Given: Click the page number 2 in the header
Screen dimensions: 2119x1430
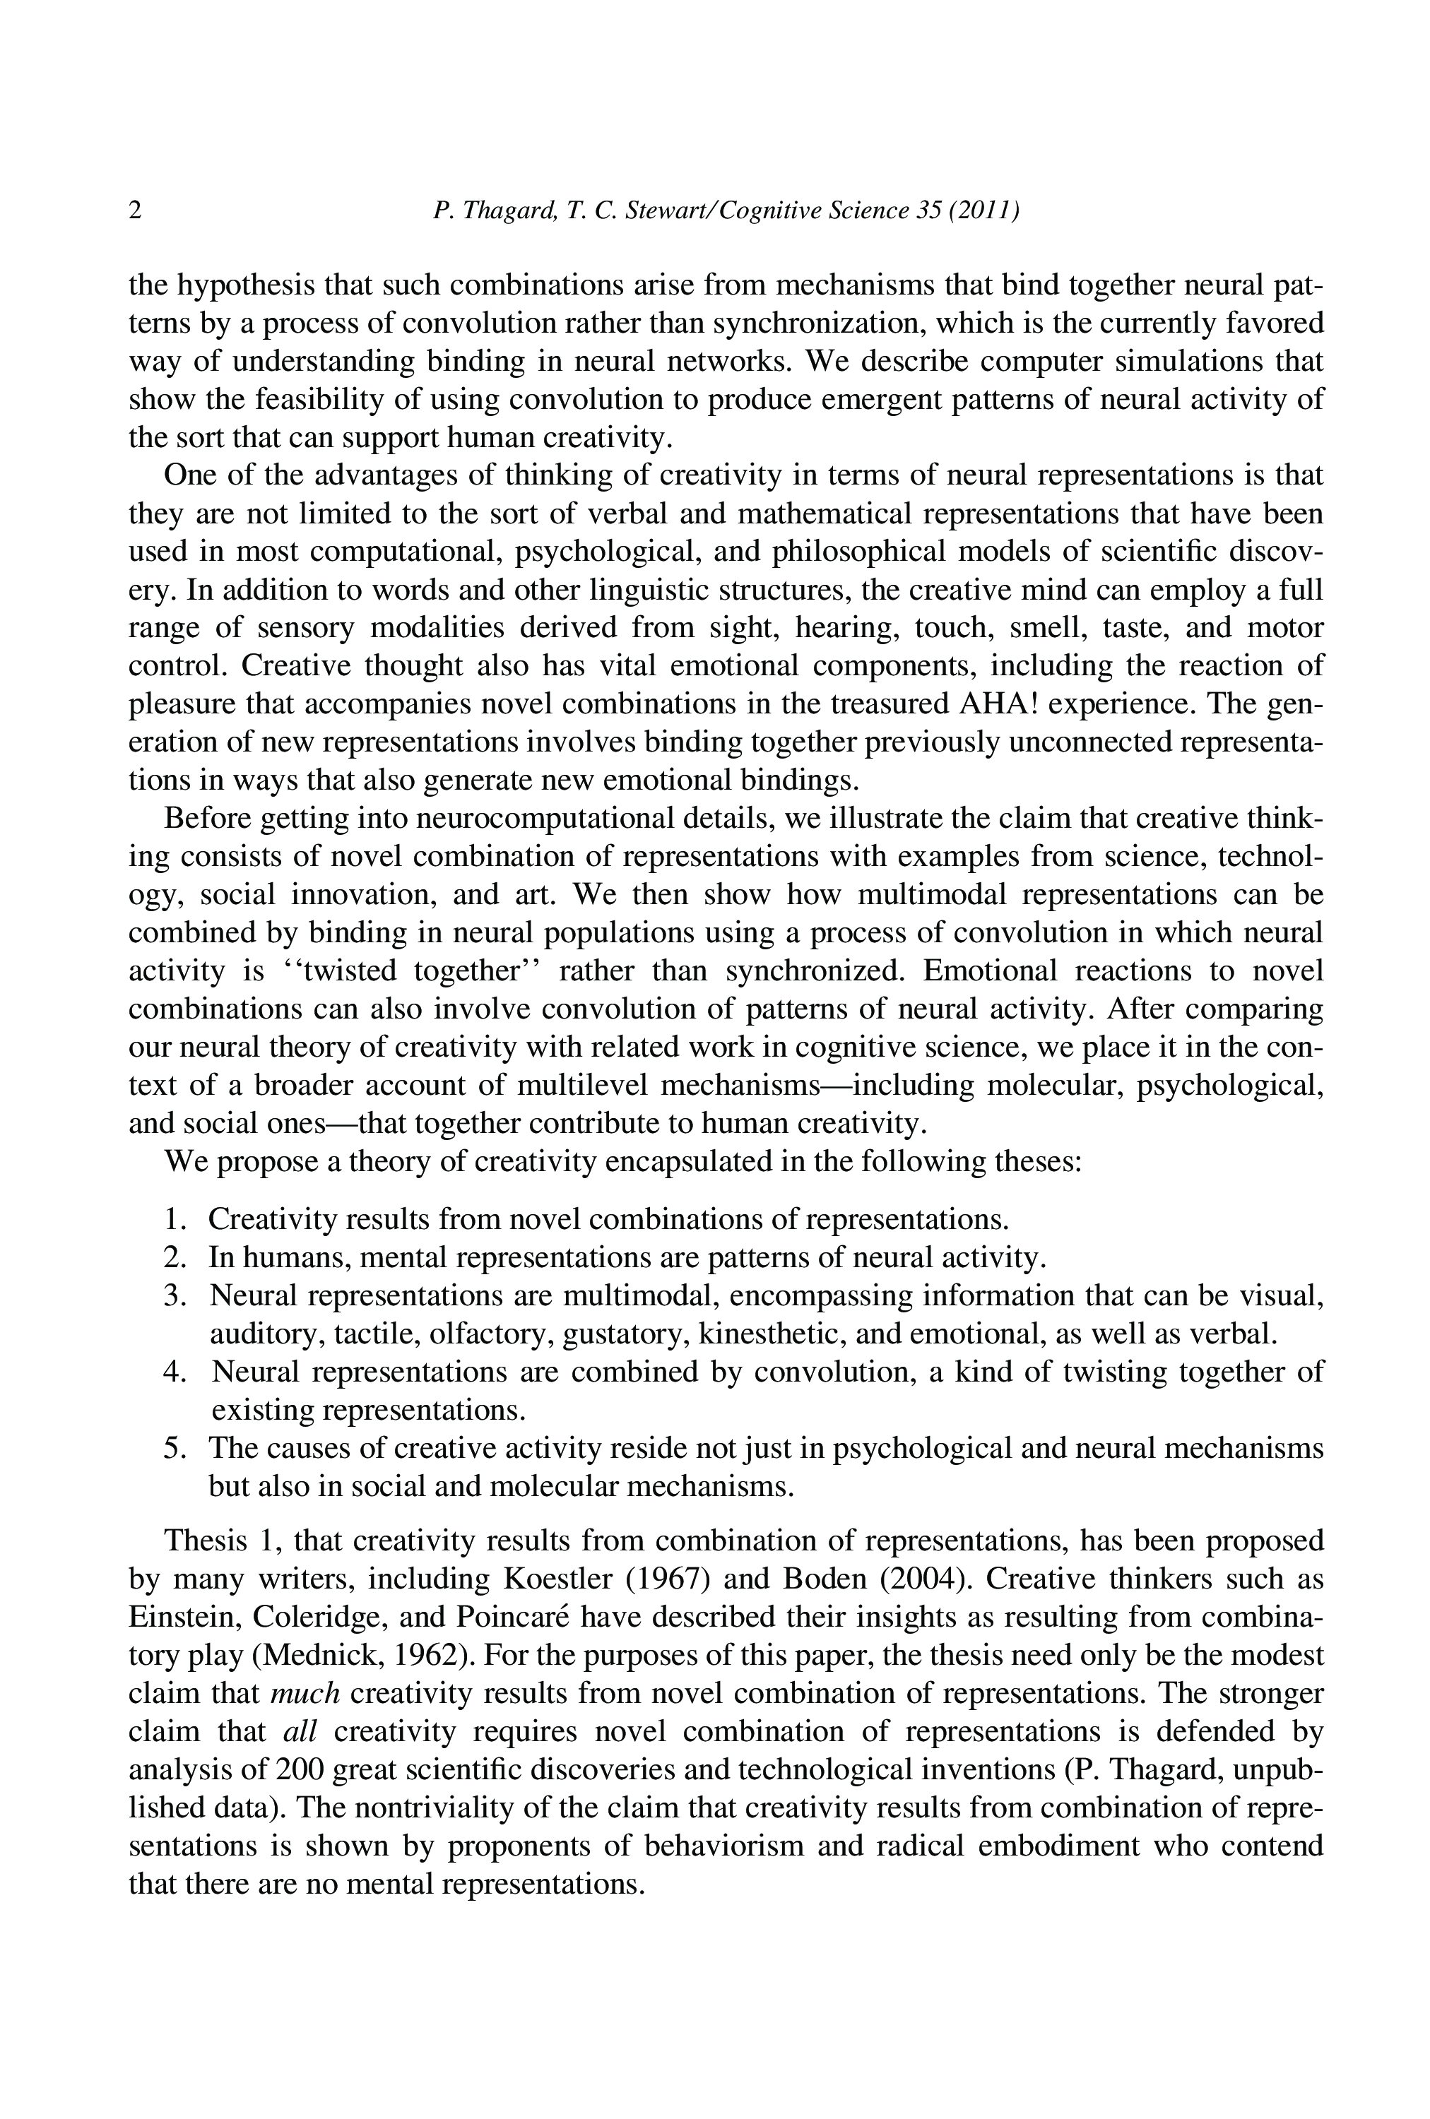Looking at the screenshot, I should click(135, 211).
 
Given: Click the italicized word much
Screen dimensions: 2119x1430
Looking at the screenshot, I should click(305, 1693).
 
